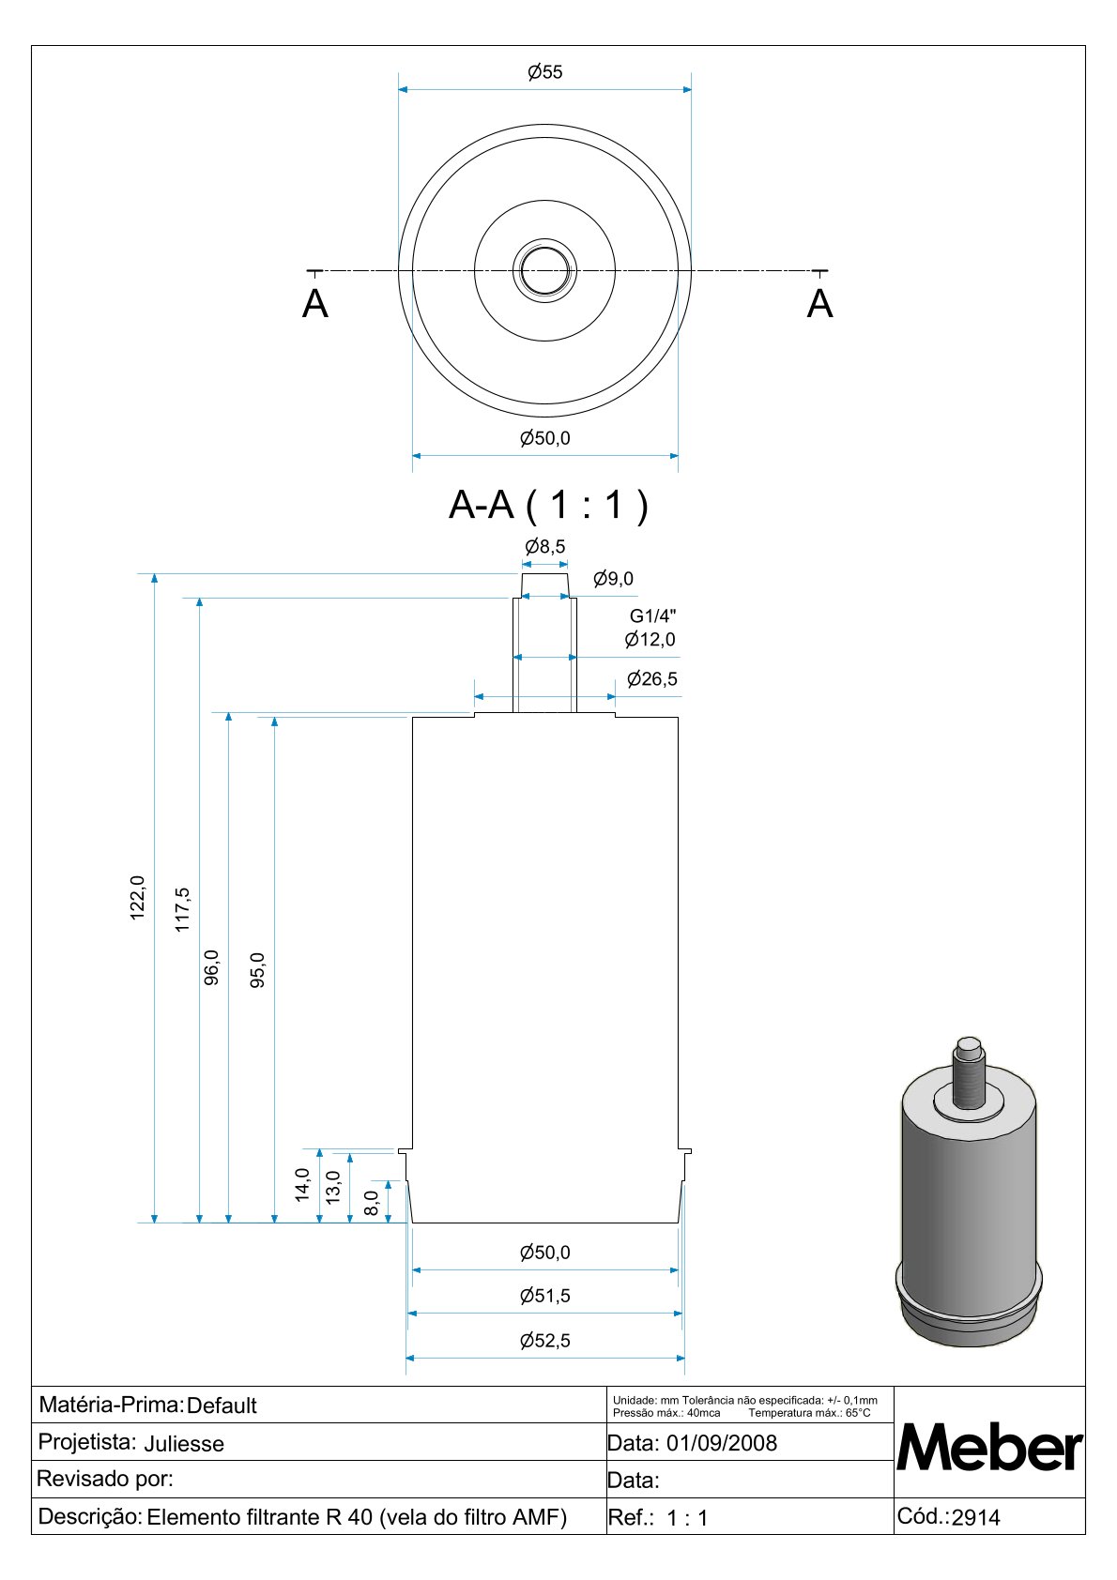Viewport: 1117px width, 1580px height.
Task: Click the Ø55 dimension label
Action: (x=544, y=72)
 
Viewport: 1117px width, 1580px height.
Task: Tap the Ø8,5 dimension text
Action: (x=544, y=546)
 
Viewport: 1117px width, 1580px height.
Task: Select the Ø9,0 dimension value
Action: (x=613, y=578)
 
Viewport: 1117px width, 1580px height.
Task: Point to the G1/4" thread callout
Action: (x=652, y=615)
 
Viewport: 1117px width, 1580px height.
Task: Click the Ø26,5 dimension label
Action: (x=652, y=678)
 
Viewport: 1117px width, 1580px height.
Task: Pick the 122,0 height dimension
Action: (x=137, y=897)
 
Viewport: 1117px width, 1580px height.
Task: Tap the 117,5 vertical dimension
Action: (x=182, y=910)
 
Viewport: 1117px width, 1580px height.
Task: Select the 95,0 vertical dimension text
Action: (x=257, y=970)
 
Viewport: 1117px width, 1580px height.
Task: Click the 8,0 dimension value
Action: (x=371, y=1203)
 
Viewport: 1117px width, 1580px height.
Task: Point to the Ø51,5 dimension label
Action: (x=544, y=1296)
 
